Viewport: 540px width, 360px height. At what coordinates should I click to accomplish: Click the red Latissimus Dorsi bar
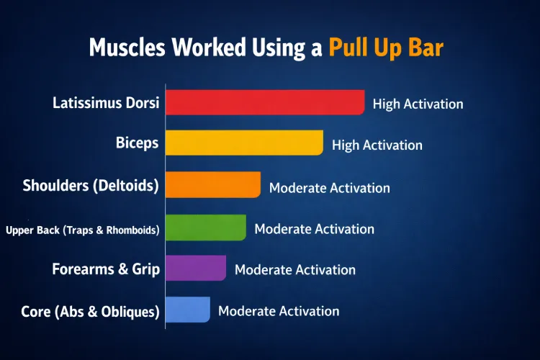point(265,102)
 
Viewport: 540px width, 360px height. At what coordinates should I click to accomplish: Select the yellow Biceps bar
point(244,143)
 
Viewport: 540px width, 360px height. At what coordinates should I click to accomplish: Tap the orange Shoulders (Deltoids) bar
point(212,185)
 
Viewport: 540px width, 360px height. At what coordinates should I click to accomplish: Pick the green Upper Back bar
point(205,228)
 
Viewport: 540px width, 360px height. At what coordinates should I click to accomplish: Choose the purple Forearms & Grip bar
point(195,269)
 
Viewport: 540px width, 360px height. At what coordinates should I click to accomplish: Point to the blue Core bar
point(187,310)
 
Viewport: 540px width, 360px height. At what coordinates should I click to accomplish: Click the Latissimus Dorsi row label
point(106,103)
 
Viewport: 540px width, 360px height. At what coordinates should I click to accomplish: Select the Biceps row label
point(137,143)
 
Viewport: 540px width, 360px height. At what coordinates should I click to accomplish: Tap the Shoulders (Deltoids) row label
point(91,186)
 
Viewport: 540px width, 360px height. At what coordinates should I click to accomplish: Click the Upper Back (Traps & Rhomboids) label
point(83,230)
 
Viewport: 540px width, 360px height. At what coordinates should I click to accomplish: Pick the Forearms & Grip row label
point(106,270)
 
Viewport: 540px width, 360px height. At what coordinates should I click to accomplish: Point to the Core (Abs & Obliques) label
point(91,312)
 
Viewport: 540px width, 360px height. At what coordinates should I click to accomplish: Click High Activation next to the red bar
point(418,104)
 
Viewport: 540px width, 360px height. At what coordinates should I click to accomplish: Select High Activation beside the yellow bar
point(377,145)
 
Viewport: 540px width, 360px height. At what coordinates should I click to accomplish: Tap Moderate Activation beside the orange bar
point(329,188)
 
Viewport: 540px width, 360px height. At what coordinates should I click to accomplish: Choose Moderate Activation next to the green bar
point(314,229)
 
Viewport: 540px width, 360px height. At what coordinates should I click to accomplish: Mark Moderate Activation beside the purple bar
point(294,270)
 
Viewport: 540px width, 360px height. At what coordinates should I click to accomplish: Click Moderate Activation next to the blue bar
point(278,311)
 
